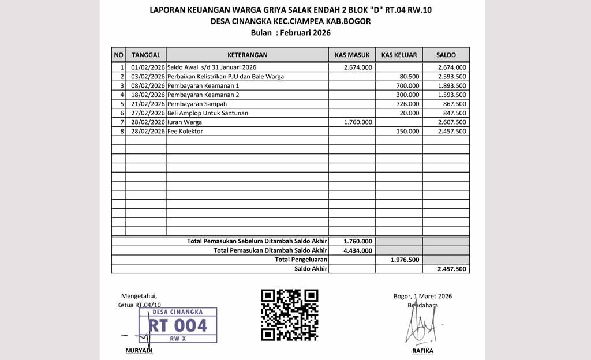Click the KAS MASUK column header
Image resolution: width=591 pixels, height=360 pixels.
click(x=352, y=55)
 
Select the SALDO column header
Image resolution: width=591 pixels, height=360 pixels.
click(x=446, y=55)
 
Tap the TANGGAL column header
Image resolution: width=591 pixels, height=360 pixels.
click(x=146, y=55)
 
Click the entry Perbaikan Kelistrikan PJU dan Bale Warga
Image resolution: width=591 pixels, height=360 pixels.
click(x=225, y=77)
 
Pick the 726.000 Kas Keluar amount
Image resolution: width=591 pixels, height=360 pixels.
click(x=409, y=104)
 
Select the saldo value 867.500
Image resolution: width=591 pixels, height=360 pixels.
click(x=455, y=104)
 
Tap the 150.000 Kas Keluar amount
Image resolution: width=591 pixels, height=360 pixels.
click(x=409, y=132)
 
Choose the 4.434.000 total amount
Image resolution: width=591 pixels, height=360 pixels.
click(x=357, y=250)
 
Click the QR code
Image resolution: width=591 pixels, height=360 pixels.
click(x=289, y=315)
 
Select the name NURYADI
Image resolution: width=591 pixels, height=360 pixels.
click(x=139, y=351)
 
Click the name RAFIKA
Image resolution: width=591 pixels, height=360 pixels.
click(x=422, y=351)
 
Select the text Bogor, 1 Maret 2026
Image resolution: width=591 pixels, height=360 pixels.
click(x=422, y=296)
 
